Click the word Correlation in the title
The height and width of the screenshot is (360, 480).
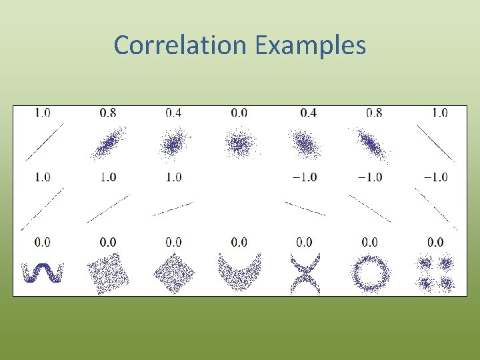(180, 45)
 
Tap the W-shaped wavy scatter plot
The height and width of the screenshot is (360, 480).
(43, 273)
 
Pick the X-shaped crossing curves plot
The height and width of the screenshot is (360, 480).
(305, 274)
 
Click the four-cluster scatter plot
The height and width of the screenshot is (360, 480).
(435, 274)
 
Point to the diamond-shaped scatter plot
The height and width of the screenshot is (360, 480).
(173, 274)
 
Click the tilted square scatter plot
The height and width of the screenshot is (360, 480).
(108, 274)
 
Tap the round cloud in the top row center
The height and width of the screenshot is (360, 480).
(239, 143)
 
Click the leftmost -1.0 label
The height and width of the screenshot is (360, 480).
(304, 177)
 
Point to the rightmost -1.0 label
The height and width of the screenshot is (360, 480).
(435, 177)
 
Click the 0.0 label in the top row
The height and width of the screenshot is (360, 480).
(239, 113)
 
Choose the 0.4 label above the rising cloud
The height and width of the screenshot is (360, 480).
(173, 113)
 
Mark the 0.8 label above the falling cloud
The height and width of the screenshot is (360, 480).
(374, 113)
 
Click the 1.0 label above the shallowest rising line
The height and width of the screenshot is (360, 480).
(173, 177)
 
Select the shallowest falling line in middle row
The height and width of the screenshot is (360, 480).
(305, 208)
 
